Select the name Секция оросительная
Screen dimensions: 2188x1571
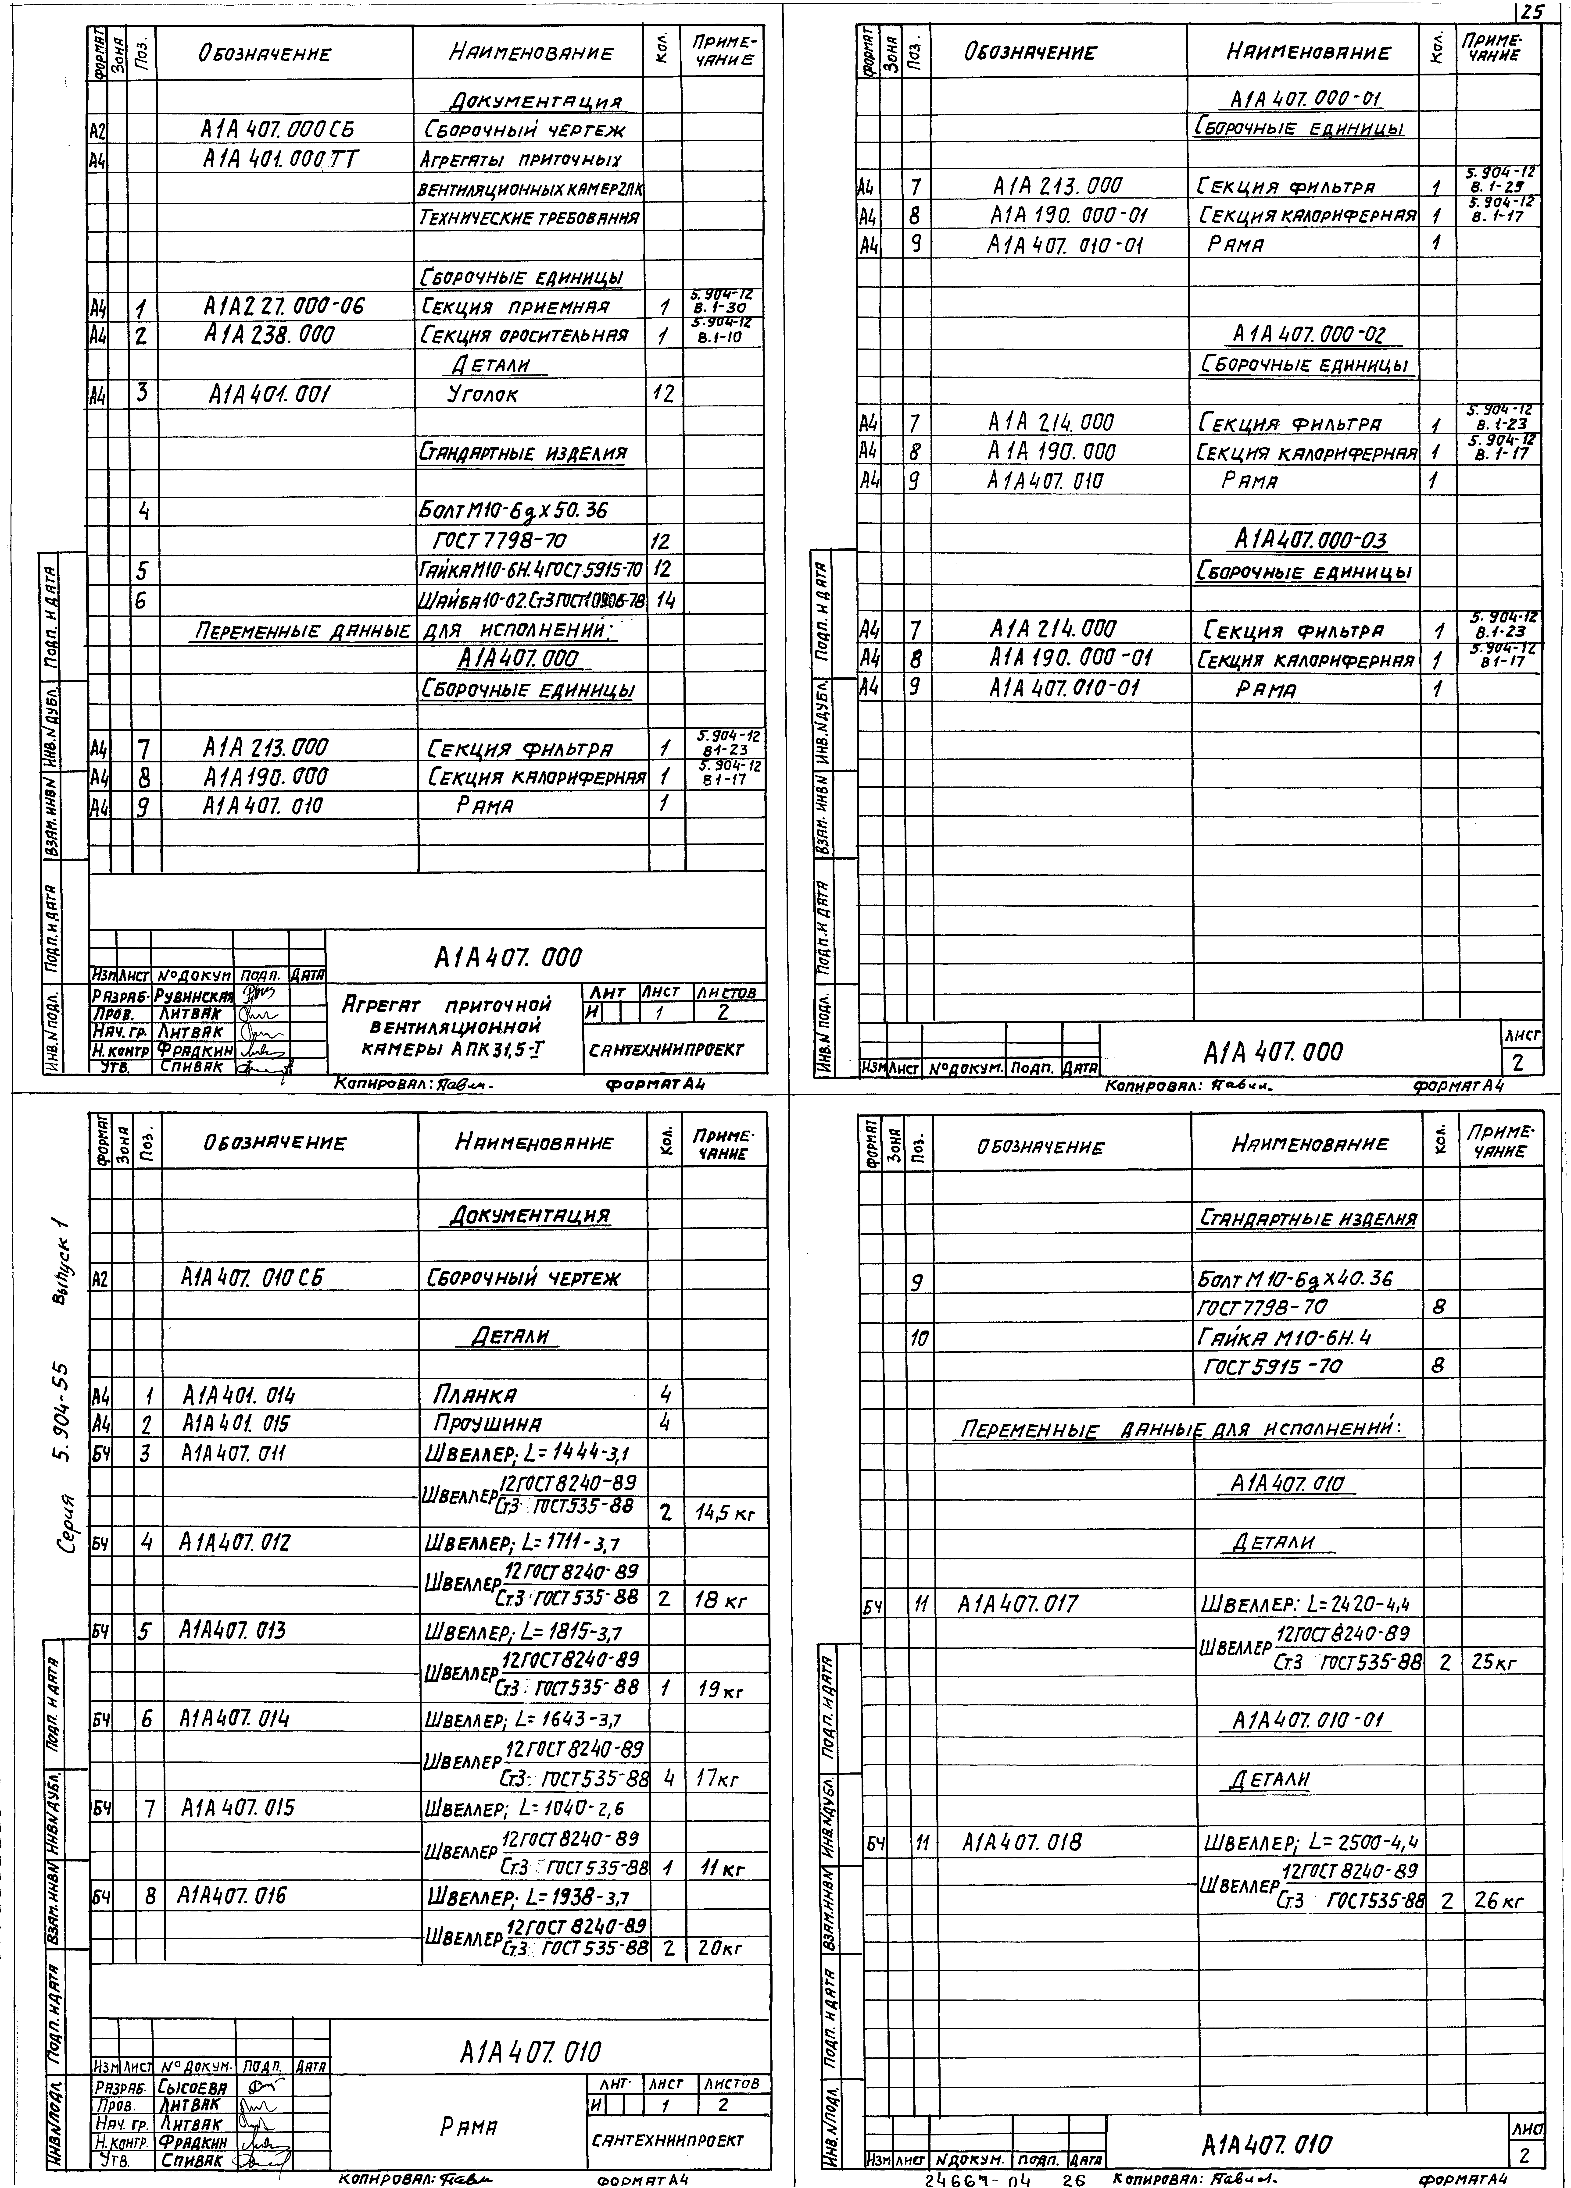tap(524, 336)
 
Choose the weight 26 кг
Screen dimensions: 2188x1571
tap(1498, 1901)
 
